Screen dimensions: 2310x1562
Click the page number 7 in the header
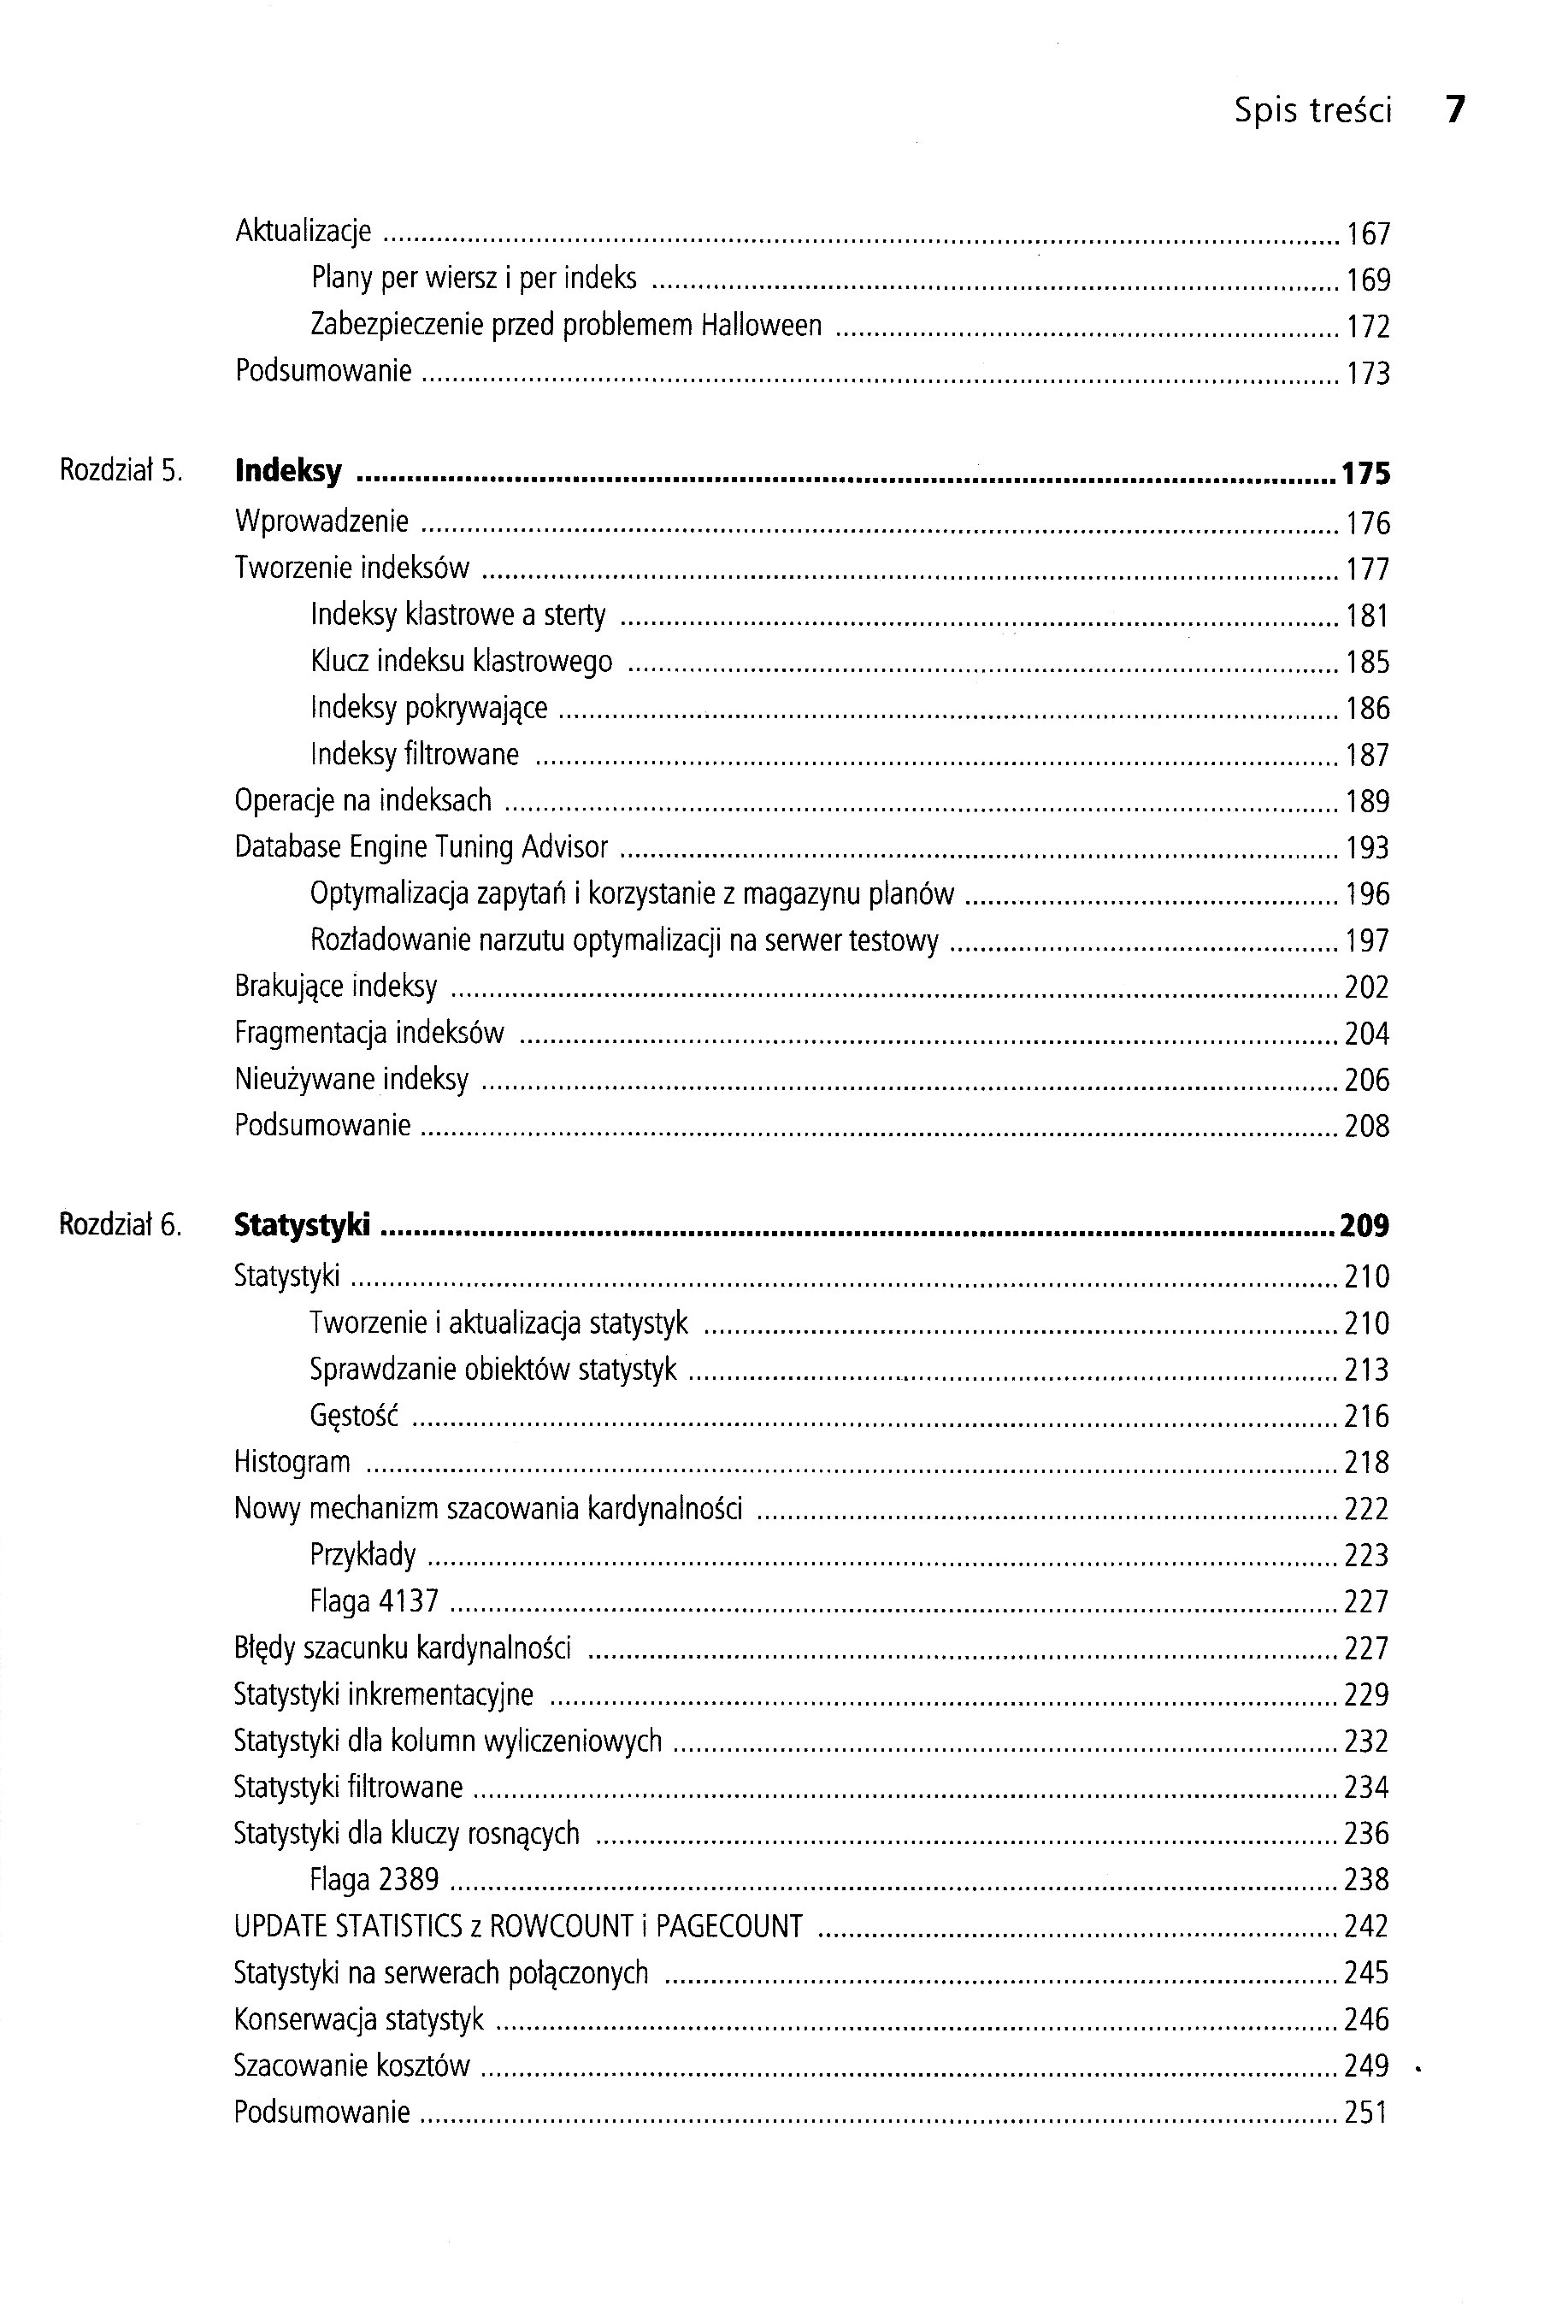point(1454,109)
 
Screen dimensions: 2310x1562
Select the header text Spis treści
point(1312,110)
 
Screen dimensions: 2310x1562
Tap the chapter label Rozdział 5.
point(121,470)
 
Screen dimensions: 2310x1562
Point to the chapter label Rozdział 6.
point(121,1224)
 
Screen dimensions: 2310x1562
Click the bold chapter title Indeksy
point(288,471)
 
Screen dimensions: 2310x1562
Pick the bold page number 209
point(1365,1227)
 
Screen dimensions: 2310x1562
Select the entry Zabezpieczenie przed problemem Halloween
point(566,326)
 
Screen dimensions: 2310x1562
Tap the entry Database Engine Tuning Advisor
point(421,847)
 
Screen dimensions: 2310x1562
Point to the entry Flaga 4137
point(374,1601)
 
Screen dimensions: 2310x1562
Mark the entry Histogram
point(292,1462)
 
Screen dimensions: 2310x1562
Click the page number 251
point(1366,2113)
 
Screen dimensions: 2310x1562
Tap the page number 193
point(1367,848)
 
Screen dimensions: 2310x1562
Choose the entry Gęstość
point(354,1417)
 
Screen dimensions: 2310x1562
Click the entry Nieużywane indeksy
point(351,1080)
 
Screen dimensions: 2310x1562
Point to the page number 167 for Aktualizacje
point(1368,233)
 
